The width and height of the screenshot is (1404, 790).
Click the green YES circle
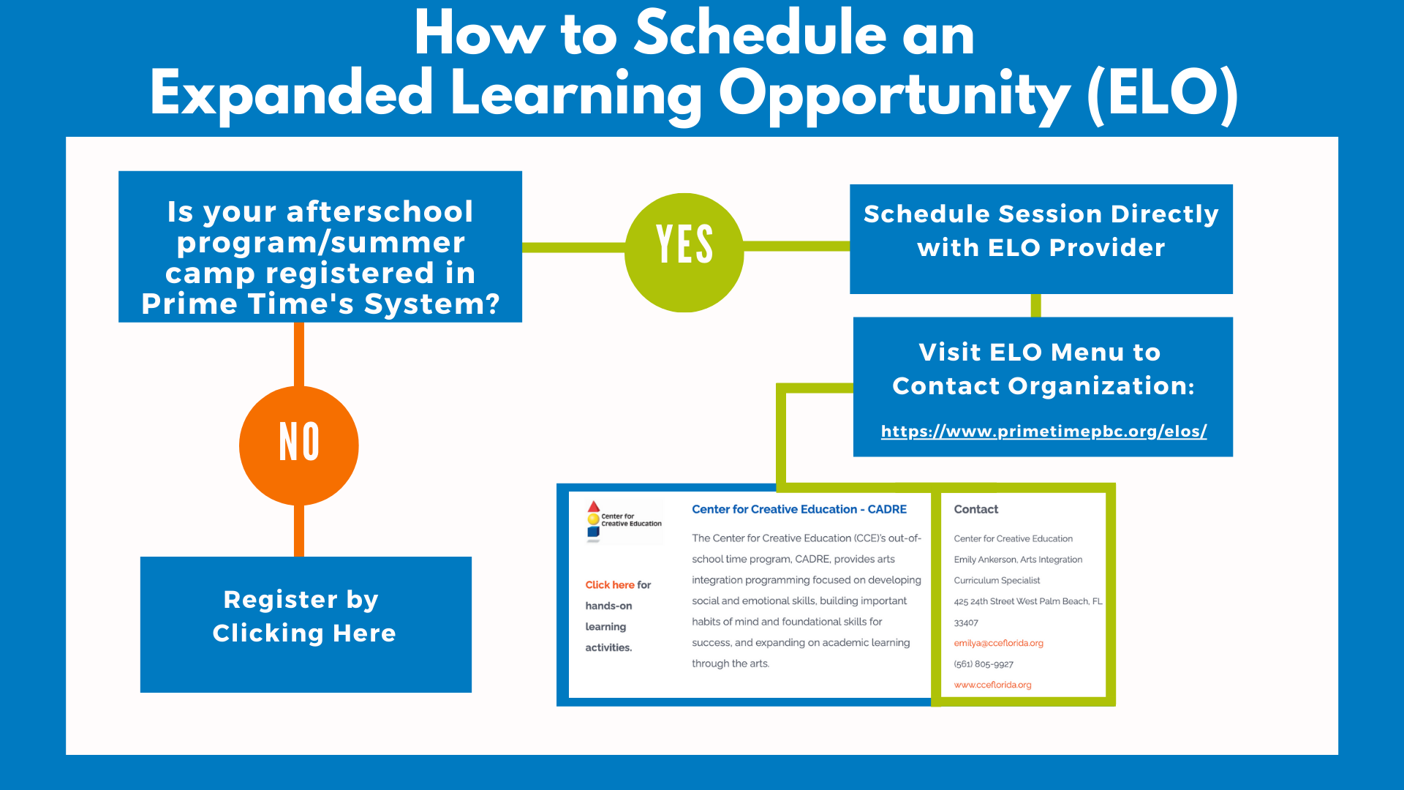point(684,252)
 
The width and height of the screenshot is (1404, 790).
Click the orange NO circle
point(298,445)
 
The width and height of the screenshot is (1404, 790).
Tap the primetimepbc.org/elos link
point(1043,432)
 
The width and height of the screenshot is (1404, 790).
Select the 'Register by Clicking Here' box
point(305,623)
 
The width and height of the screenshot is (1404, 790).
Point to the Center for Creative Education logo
point(623,521)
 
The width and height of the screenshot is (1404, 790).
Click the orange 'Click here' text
point(609,584)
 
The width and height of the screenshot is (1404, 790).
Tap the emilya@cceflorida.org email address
point(998,643)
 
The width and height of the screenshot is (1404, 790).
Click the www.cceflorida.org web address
point(992,685)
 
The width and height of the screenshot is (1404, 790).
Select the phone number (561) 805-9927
point(984,664)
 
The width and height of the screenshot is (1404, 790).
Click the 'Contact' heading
point(975,509)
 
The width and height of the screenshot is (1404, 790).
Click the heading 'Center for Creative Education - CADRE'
point(799,509)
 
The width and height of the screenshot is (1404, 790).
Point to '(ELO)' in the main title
point(1162,94)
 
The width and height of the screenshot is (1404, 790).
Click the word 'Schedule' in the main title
point(760,34)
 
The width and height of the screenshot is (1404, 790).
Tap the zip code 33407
point(965,622)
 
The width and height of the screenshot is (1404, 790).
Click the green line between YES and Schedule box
point(796,247)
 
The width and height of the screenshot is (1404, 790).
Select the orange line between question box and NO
point(298,353)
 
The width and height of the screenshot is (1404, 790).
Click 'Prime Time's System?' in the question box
point(320,304)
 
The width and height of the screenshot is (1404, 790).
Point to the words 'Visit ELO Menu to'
point(1039,353)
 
